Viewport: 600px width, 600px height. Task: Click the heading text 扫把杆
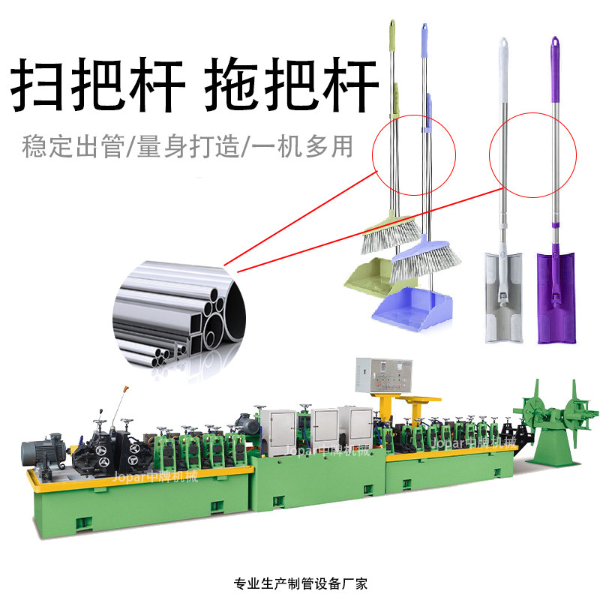[97, 88]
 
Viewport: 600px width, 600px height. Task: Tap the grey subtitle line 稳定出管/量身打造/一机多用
[187, 145]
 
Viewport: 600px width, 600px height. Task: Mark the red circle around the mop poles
[532, 155]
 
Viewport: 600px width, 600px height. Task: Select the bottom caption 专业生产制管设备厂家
[300, 582]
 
